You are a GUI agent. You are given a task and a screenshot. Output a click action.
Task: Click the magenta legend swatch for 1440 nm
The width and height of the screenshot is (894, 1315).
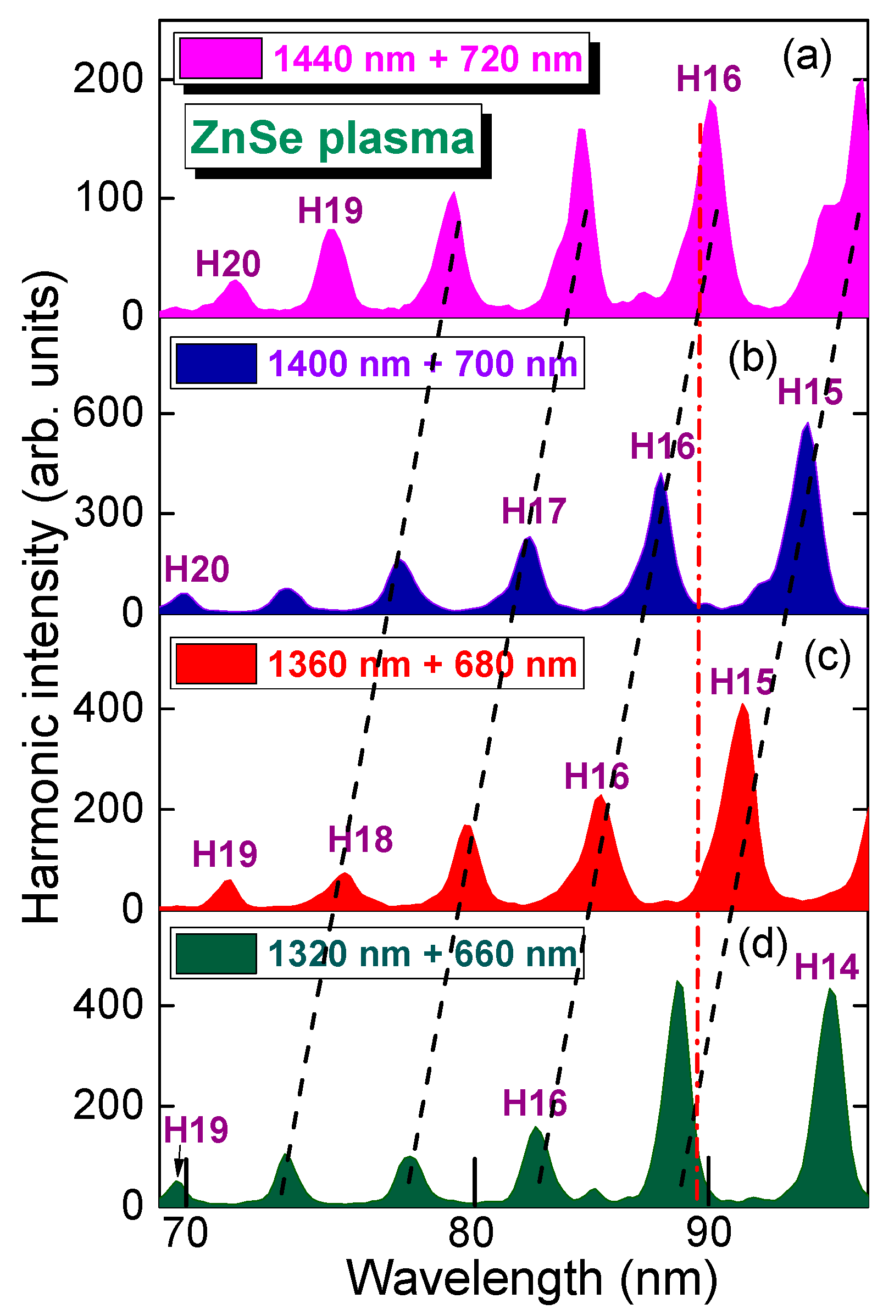pyautogui.click(x=220, y=58)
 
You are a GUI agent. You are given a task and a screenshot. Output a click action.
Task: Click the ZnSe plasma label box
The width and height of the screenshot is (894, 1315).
pyautogui.click(x=333, y=137)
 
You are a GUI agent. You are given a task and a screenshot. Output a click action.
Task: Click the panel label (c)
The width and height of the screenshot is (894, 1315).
pyautogui.click(x=826, y=658)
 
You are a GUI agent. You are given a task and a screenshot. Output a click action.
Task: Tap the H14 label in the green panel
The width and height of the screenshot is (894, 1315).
pyautogui.click(x=826, y=966)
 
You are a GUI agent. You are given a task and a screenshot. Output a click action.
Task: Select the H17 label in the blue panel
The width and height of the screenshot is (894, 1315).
pyautogui.click(x=534, y=511)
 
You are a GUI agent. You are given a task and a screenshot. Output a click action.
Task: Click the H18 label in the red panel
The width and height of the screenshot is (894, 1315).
pyautogui.click(x=360, y=839)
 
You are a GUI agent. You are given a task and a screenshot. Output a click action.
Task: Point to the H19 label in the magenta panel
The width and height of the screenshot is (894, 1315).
pyautogui.click(x=330, y=210)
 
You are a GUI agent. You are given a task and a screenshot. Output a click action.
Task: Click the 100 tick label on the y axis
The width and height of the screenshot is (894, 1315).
pyautogui.click(x=109, y=198)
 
